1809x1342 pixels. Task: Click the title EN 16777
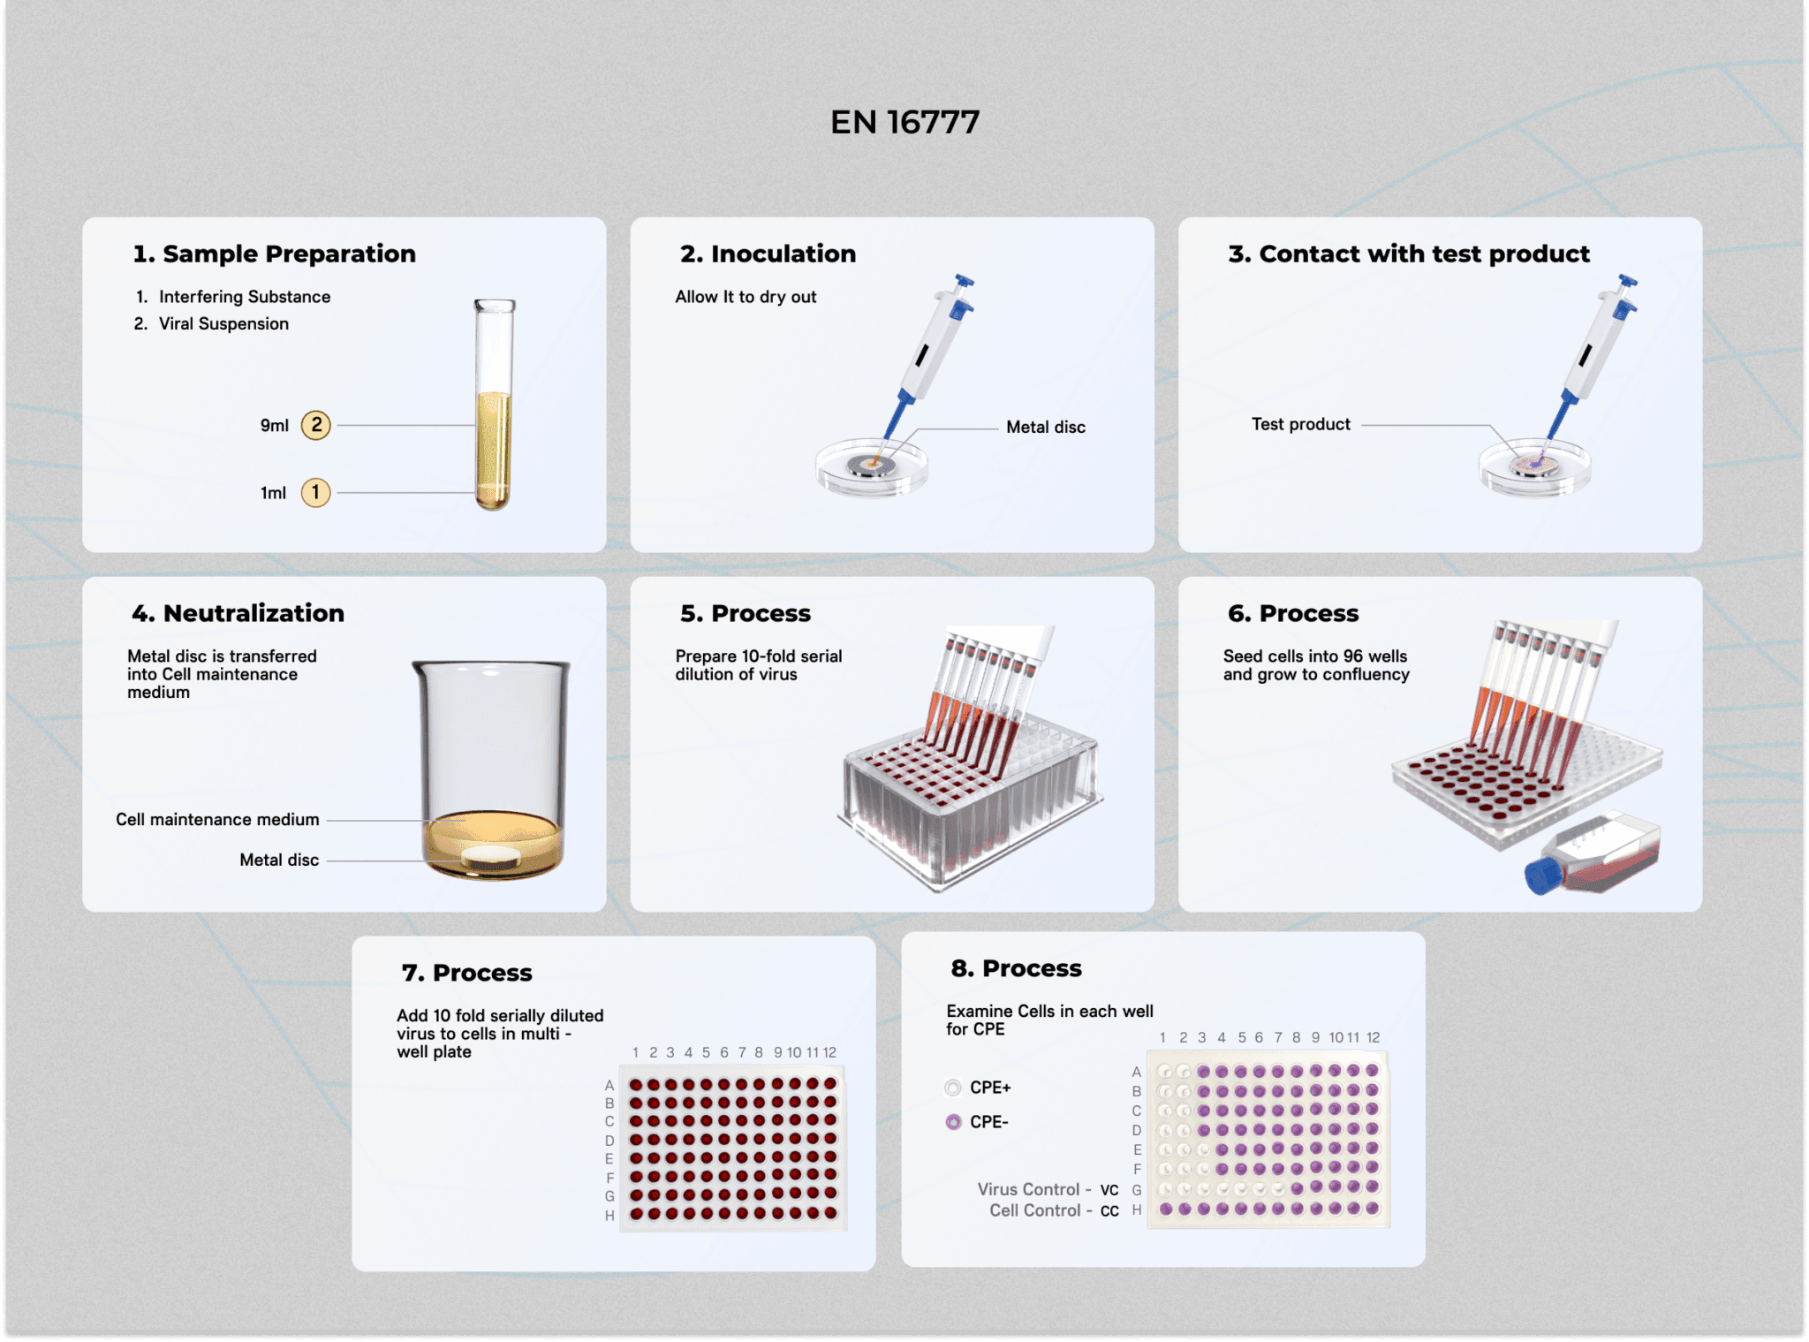[x=904, y=122]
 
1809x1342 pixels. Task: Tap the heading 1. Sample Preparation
[x=274, y=254]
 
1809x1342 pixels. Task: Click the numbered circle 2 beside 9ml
[x=316, y=425]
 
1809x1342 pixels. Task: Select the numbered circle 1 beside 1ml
[x=316, y=492]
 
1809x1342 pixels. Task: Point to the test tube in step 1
[x=494, y=405]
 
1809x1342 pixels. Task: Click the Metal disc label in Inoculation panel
[x=1046, y=427]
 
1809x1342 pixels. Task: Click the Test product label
[x=1300, y=424]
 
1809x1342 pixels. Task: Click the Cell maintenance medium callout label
[x=217, y=819]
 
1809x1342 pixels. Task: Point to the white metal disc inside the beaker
[x=492, y=855]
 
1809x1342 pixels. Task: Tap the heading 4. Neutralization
[x=238, y=613]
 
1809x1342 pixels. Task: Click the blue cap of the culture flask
[x=1543, y=875]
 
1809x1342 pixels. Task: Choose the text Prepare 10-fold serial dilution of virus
[x=758, y=665]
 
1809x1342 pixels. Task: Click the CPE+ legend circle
[x=953, y=1088]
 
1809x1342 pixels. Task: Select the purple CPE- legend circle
[x=953, y=1122]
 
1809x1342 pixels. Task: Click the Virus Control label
[x=1028, y=1189]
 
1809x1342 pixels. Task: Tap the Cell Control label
[x=1034, y=1210]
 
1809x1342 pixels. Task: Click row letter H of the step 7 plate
[x=609, y=1216]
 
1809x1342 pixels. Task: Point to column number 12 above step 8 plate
[x=1373, y=1037]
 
